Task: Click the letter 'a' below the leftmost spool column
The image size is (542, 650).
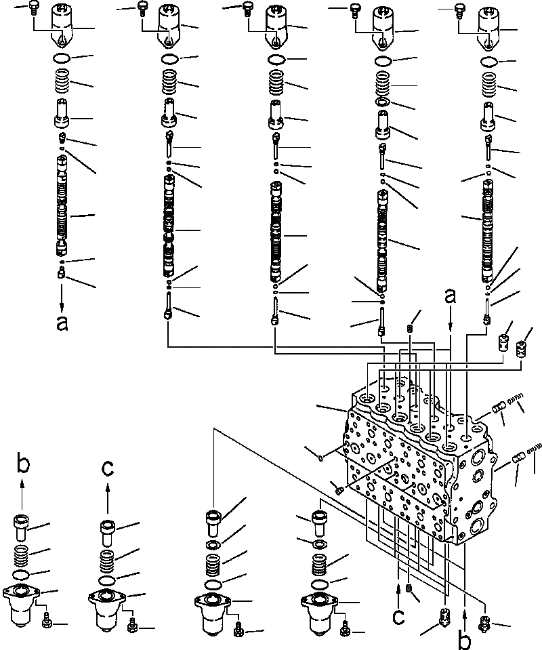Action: click(62, 324)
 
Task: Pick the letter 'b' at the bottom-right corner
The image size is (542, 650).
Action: click(464, 638)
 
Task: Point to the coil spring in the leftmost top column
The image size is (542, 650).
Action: click(62, 85)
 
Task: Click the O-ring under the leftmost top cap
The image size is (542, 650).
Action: click(62, 58)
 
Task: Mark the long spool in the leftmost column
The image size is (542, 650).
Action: click(62, 203)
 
